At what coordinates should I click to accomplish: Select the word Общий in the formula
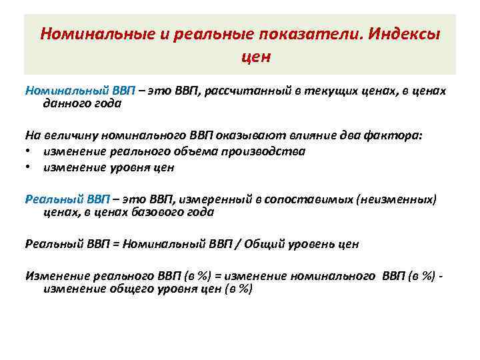coord(262,244)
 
